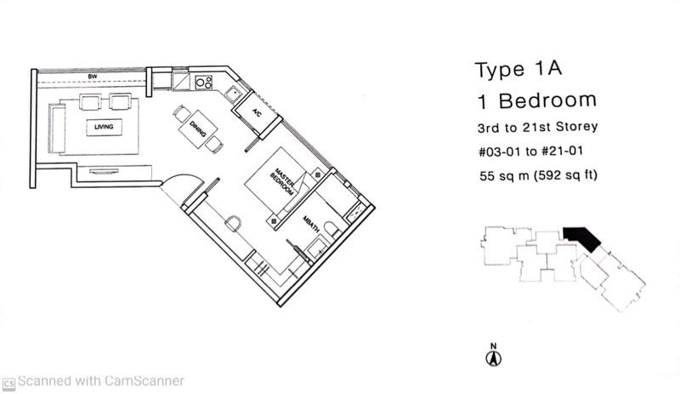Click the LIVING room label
pyautogui.click(x=104, y=127)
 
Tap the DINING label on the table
pyautogui.click(x=197, y=129)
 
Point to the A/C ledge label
pyautogui.click(x=257, y=113)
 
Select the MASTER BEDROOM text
pyautogui.click(x=282, y=181)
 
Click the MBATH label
pyautogui.click(x=311, y=224)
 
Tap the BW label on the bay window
pyautogui.click(x=93, y=77)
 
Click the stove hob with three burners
pyautogui.click(x=204, y=82)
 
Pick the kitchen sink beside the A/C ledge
pyautogui.click(x=233, y=94)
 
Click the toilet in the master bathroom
pyautogui.click(x=332, y=230)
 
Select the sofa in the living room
pyautogui.click(x=56, y=128)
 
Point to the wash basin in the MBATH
pyautogui.click(x=316, y=248)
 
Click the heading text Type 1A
pyautogui.click(x=518, y=69)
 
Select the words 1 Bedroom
pyautogui.click(x=537, y=100)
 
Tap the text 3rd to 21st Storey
pyautogui.click(x=538, y=128)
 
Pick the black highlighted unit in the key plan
pyautogui.click(x=582, y=238)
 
